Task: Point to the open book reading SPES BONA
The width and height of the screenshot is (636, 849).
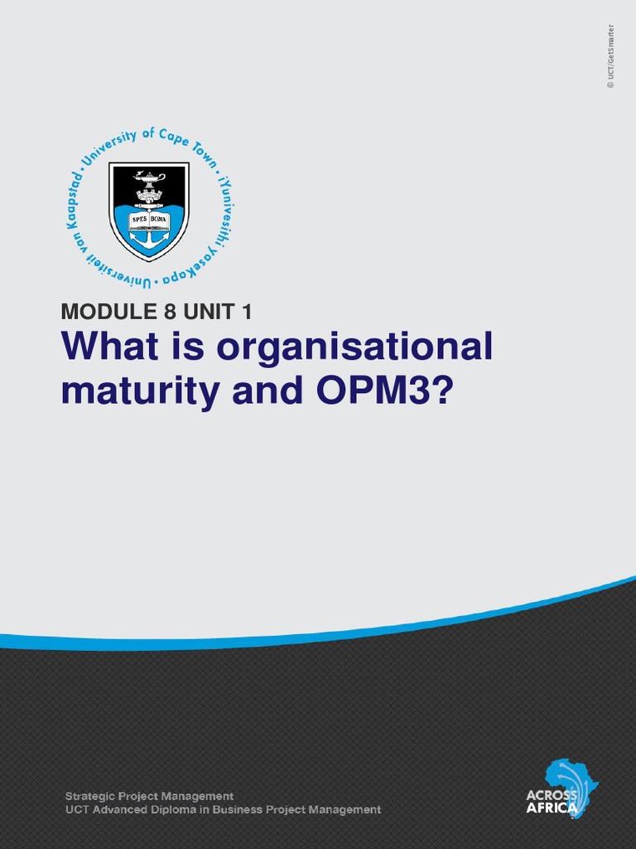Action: pos(149,221)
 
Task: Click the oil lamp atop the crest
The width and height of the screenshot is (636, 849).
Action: pos(149,178)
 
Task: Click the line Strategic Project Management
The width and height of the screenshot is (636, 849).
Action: pos(149,796)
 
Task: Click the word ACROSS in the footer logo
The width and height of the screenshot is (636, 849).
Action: pos(552,795)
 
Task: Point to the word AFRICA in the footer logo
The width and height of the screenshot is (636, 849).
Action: pos(551,808)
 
